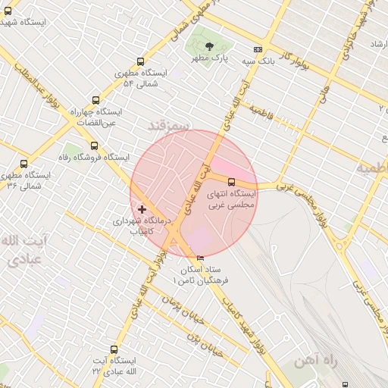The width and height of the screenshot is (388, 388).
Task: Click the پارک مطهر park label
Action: (x=210, y=58)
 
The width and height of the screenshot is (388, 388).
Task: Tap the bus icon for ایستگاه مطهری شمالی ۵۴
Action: (x=139, y=62)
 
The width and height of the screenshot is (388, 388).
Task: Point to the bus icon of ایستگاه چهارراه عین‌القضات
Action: (x=95, y=99)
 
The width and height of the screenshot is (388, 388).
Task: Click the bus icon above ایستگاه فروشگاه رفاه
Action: (x=94, y=145)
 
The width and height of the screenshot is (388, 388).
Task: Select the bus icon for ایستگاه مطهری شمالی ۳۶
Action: (x=23, y=164)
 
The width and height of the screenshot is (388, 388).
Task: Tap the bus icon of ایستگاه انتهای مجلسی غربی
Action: (x=231, y=182)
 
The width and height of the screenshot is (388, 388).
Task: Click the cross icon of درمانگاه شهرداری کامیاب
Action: (x=142, y=208)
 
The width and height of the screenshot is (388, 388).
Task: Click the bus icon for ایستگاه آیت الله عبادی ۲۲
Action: (x=114, y=350)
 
